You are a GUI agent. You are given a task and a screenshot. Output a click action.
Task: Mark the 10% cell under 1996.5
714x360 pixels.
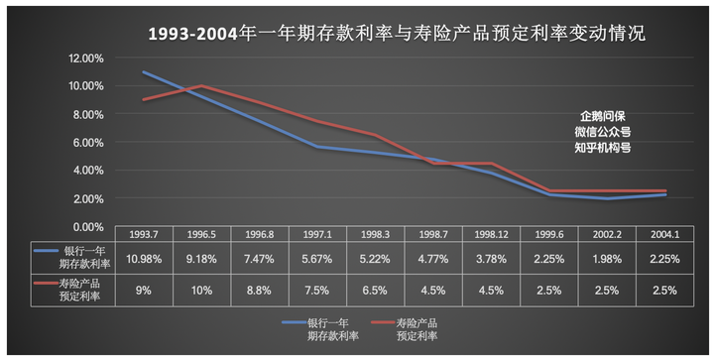pyautogui.click(x=202, y=290)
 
